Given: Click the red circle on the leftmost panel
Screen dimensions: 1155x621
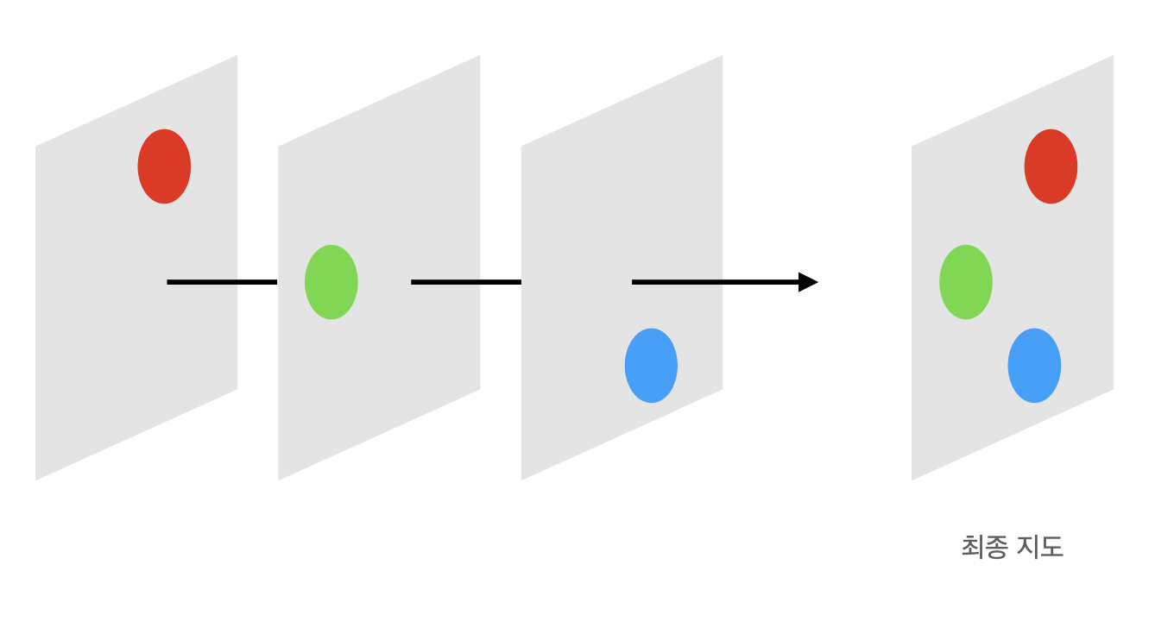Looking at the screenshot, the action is click(164, 166).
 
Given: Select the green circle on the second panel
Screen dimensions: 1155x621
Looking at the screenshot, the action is click(331, 282).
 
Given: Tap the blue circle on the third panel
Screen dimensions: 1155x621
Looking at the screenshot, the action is click(651, 366).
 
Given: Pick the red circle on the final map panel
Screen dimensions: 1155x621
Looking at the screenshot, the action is click(1051, 166).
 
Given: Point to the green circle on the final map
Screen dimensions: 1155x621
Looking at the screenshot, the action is click(966, 282).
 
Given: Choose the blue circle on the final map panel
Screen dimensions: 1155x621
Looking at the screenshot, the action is click(1034, 366).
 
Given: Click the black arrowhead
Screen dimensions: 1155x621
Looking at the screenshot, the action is click(807, 282).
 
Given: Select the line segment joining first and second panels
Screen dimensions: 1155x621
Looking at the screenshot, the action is click(222, 282).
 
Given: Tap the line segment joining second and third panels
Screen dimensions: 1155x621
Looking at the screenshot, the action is click(466, 282).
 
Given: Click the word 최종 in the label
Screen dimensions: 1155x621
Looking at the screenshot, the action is click(984, 547).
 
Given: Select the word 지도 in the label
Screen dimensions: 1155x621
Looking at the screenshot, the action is click(1039, 547).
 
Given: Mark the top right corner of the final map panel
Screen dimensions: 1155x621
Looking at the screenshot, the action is click(1112, 57).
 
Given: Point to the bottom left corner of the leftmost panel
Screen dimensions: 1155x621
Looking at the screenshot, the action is click(37, 478).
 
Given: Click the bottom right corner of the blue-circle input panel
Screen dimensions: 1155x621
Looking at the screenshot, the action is click(721, 388).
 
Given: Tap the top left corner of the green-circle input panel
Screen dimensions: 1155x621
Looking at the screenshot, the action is click(280, 147).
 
